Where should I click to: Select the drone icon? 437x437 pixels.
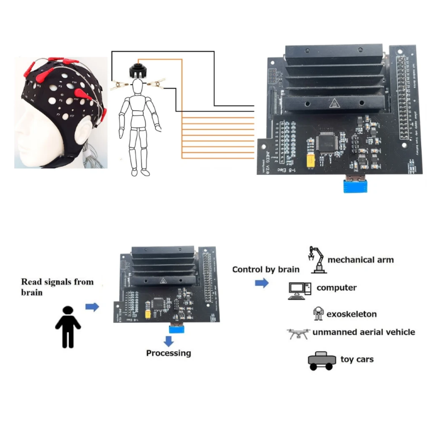[x=298, y=333]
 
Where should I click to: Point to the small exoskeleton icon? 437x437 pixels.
[x=318, y=314]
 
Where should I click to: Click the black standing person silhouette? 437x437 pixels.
[x=68, y=327]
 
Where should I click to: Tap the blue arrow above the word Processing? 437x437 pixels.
[x=169, y=340]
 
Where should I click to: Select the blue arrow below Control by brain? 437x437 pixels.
[x=262, y=283]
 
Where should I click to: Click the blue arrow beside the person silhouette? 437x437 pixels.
[x=92, y=307]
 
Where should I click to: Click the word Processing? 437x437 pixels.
[x=169, y=353]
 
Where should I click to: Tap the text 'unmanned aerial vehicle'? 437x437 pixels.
[x=363, y=332]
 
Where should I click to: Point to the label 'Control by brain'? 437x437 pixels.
[x=265, y=269]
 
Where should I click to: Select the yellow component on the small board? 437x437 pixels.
[x=149, y=315]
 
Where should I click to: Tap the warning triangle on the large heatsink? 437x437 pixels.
[x=333, y=102]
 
